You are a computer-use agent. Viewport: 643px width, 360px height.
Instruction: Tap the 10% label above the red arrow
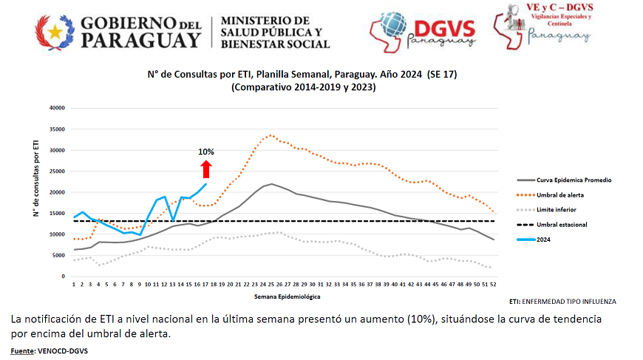pyautogui.click(x=205, y=152)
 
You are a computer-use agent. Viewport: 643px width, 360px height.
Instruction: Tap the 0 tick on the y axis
pyautogui.click(x=64, y=276)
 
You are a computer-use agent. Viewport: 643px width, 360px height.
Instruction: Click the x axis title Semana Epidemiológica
pyautogui.click(x=281, y=296)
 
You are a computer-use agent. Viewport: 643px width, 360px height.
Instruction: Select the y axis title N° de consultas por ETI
pyautogui.click(x=36, y=192)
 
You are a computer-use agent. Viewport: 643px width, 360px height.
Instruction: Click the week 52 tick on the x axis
pyautogui.click(x=492, y=284)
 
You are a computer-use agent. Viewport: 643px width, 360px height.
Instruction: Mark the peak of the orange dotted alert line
pyautogui.click(x=271, y=135)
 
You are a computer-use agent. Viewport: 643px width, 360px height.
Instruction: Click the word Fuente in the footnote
pyautogui.click(x=24, y=350)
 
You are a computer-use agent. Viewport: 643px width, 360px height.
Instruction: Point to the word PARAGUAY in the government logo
pyautogui.click(x=140, y=40)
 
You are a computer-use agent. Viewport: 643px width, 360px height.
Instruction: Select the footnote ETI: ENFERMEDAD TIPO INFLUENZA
pyautogui.click(x=562, y=302)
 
